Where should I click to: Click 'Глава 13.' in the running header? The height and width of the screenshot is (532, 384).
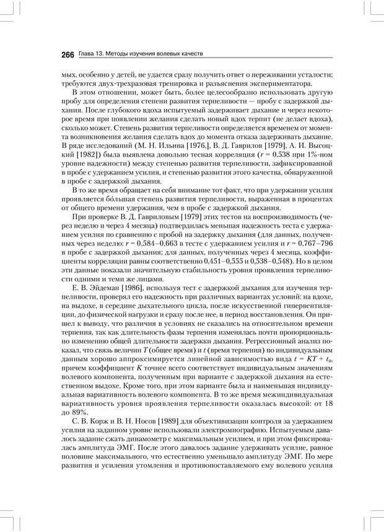(92, 54)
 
